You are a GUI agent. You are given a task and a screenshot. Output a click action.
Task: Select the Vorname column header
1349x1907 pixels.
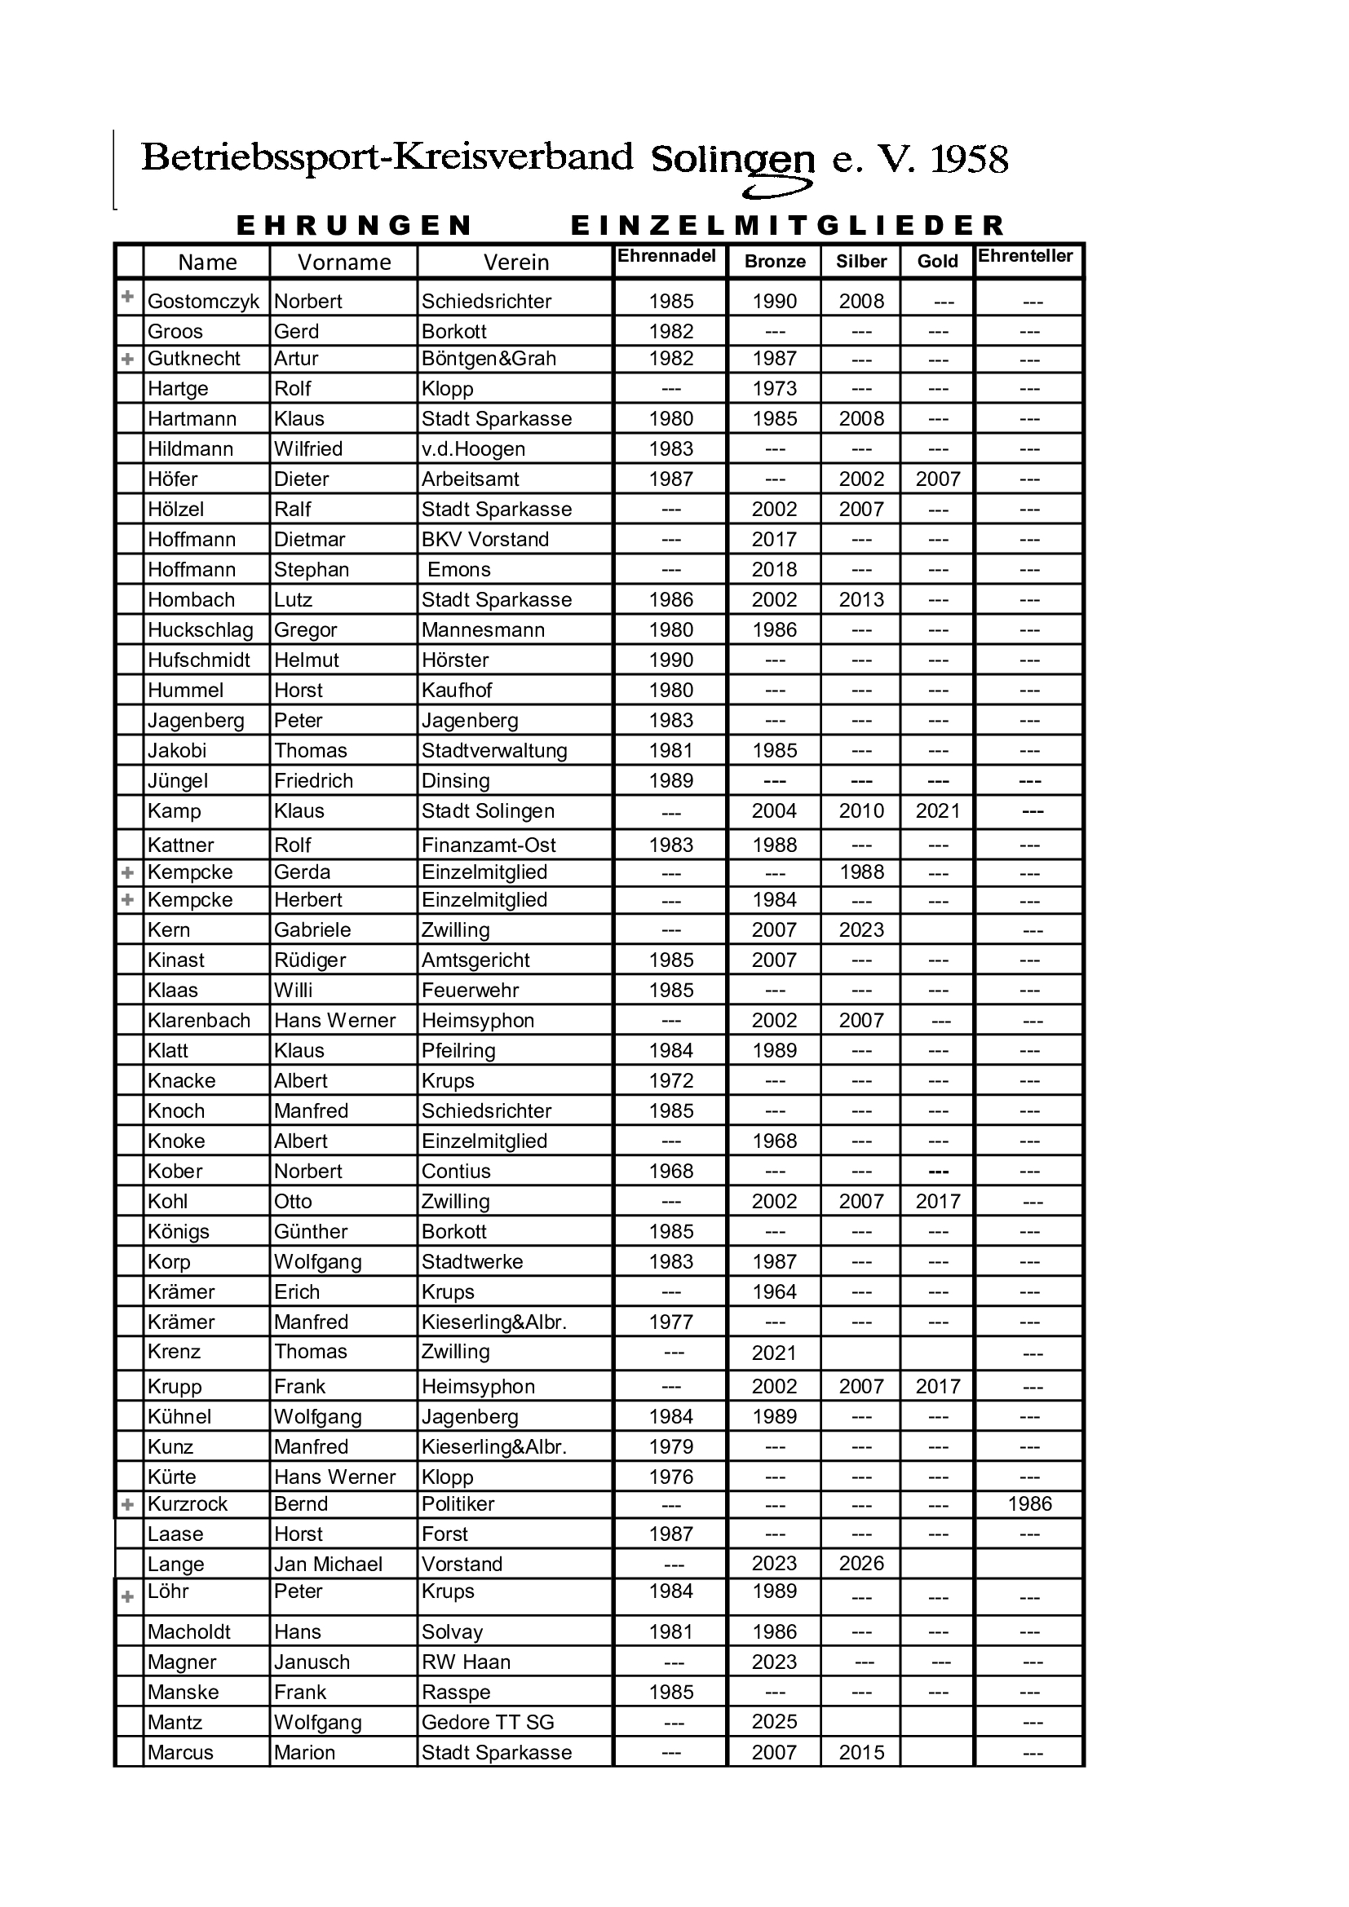[x=344, y=263]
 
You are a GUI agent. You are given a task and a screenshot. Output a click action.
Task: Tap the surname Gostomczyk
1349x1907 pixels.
[x=204, y=302]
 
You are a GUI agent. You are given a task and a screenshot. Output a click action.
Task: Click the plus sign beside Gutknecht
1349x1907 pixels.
[x=128, y=360]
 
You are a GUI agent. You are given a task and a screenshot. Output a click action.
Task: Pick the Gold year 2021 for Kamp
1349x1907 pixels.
[x=938, y=810]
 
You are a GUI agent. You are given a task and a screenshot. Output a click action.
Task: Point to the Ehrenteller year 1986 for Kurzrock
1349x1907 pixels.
[x=1029, y=1503]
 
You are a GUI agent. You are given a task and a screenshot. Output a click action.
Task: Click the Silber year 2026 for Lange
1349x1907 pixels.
[x=861, y=1563]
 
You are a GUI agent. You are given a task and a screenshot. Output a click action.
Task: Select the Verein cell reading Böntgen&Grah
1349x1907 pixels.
[x=489, y=359]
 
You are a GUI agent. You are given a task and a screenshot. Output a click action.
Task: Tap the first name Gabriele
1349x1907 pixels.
[x=312, y=929]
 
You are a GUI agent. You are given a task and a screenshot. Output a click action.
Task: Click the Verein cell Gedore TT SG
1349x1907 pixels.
[x=488, y=1722]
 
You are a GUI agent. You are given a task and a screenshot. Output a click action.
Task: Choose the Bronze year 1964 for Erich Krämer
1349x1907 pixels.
[x=774, y=1291]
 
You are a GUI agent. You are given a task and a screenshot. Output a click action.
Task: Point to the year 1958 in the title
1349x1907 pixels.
[x=970, y=160]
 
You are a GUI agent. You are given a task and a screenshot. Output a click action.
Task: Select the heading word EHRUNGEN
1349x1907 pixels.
[x=355, y=225]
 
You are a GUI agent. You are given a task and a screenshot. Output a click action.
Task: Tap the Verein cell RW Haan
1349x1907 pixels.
[x=466, y=1662]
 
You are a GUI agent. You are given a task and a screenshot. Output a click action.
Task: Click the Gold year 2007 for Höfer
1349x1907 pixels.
[x=938, y=479]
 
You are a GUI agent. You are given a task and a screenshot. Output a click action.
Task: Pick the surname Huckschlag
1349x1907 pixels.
[x=200, y=629]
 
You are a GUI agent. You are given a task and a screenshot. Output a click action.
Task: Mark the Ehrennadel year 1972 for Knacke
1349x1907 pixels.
[x=670, y=1080]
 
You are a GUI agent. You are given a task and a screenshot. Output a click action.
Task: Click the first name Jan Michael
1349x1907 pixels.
[x=328, y=1564]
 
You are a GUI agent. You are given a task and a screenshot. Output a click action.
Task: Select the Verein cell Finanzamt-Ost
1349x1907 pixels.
[x=489, y=845]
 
